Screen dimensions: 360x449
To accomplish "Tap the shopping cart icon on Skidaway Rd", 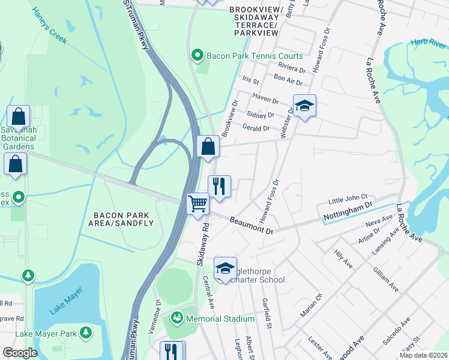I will click(197, 203).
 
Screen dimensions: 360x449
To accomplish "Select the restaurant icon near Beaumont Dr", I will click(219, 185).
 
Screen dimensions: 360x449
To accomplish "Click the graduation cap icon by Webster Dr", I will click(304, 106).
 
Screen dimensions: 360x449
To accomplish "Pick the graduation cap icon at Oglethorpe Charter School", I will click(225, 268).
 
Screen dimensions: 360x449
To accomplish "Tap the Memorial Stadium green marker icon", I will click(177, 317).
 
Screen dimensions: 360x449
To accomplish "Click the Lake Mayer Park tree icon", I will click(86, 332).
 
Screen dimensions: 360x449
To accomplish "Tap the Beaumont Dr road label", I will click(251, 226).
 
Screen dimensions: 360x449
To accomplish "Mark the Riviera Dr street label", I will click(292, 67).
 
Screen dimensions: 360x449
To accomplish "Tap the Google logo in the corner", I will click(20, 353).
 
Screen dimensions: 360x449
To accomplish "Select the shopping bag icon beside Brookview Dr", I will click(208, 146).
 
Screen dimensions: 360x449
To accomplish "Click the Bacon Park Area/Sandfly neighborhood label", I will click(123, 218).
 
